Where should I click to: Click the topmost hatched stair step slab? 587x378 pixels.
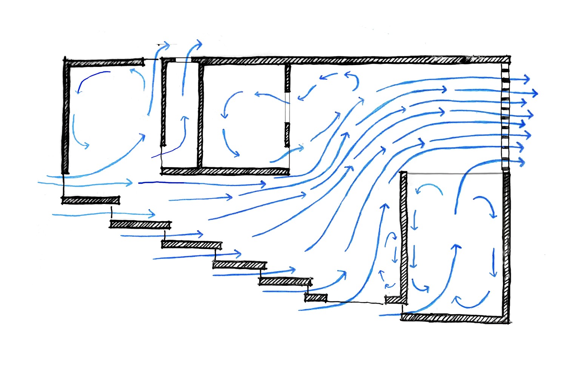(91, 200)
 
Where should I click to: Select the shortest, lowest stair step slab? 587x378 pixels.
(316, 298)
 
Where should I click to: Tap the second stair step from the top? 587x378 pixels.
(140, 224)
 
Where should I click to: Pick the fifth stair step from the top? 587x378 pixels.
(285, 282)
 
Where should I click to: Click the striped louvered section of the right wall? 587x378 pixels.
(505, 117)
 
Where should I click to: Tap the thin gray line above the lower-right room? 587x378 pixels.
(453, 174)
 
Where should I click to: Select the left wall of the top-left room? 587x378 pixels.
(66, 117)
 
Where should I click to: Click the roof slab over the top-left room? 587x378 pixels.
(104, 62)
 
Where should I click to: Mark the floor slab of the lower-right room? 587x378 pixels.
(453, 318)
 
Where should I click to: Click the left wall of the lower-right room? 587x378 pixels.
(404, 234)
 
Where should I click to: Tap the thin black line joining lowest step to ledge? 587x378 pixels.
(355, 302)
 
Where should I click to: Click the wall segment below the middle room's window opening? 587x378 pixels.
(287, 134)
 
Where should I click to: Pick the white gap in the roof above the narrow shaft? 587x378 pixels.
(183, 60)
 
